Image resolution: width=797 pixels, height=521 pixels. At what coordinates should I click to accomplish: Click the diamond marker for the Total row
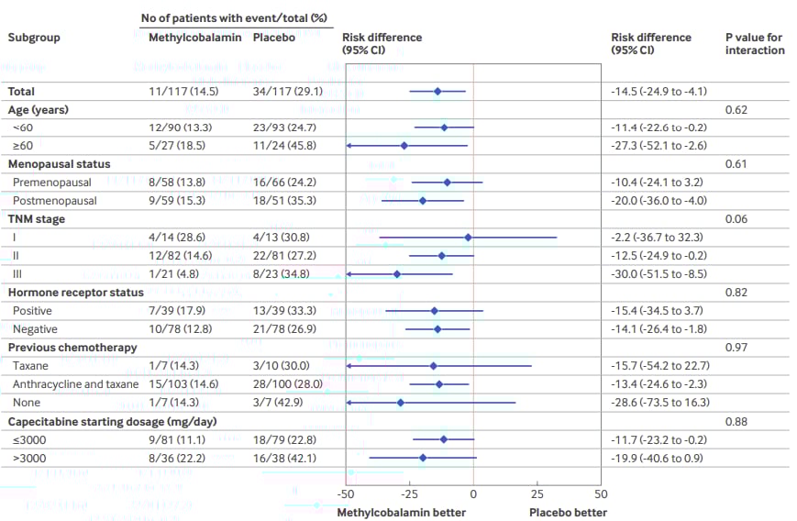(437, 91)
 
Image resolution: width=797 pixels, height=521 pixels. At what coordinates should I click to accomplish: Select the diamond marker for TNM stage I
(468, 238)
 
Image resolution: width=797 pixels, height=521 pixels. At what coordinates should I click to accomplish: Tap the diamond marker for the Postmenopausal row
(423, 201)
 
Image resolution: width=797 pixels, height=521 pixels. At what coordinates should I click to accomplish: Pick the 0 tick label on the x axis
(473, 493)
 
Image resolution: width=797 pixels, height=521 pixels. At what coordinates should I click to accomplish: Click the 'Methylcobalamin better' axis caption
(401, 512)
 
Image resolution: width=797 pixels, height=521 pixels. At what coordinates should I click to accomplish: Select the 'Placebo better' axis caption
(569, 512)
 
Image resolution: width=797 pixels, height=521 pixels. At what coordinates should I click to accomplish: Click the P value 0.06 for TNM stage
(736, 219)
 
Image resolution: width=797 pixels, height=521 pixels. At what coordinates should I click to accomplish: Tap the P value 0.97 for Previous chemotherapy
(736, 348)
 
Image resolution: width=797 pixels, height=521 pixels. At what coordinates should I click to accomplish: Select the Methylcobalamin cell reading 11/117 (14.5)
(183, 91)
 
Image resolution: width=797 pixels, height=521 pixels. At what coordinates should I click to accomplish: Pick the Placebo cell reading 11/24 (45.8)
(286, 146)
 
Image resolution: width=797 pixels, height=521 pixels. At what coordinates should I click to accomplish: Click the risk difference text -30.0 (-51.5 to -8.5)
(659, 274)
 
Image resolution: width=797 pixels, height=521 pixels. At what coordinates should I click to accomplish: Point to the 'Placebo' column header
(274, 38)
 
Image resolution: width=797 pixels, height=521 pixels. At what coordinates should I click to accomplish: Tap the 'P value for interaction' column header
(755, 43)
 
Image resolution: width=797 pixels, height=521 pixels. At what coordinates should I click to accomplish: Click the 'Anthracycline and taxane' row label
(76, 384)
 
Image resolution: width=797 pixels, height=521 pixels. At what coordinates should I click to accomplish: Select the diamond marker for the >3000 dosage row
(423, 458)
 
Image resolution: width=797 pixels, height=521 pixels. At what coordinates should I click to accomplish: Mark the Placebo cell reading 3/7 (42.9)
(280, 403)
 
